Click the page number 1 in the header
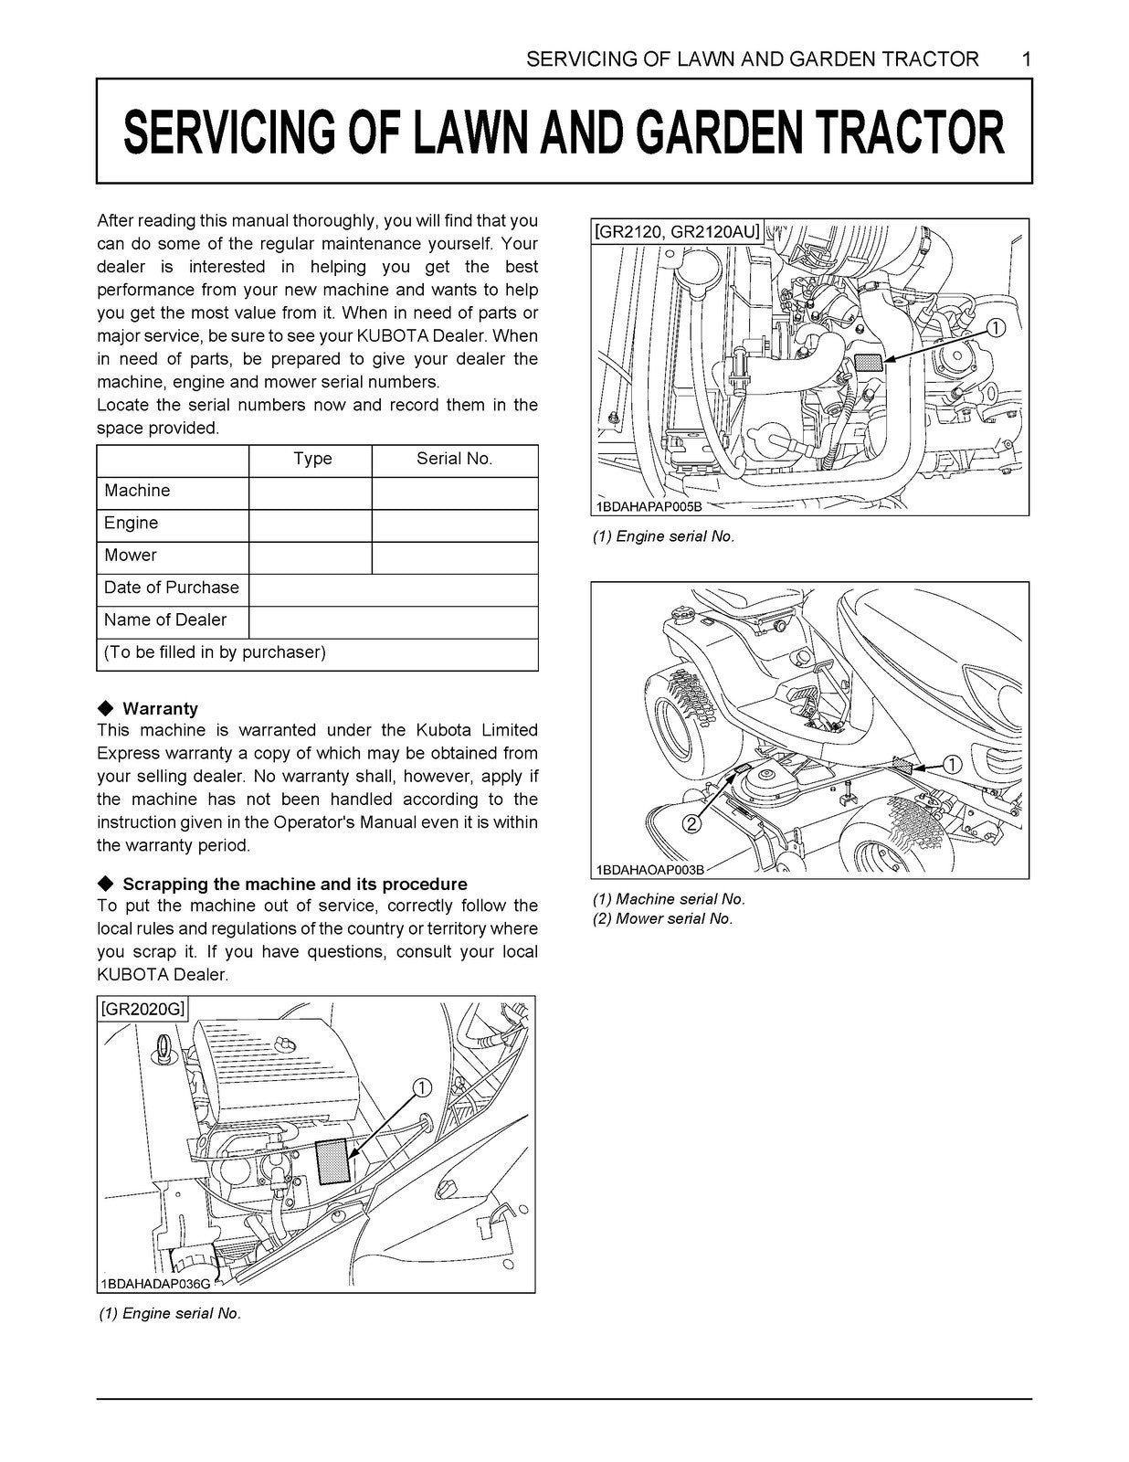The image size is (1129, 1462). (x=1027, y=59)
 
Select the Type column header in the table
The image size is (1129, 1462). (x=311, y=459)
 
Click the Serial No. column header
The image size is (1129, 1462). (x=454, y=459)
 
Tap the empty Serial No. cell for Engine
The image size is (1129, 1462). (x=454, y=524)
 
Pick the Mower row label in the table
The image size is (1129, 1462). (x=131, y=556)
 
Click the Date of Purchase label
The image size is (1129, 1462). (x=172, y=588)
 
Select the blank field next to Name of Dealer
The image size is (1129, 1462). (x=393, y=620)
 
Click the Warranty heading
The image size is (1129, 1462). (x=160, y=708)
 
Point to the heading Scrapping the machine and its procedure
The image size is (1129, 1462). (x=294, y=884)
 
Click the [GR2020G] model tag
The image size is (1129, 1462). (x=142, y=1009)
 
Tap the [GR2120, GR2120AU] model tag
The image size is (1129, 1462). (x=677, y=232)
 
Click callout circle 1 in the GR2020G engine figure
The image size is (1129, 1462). (x=422, y=1087)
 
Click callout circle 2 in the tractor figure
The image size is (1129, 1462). (x=691, y=824)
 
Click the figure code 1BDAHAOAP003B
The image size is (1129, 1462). (x=649, y=870)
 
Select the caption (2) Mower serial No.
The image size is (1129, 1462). (x=663, y=918)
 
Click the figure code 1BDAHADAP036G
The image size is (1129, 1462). (x=155, y=1284)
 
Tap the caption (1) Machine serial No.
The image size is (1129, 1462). (x=669, y=899)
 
